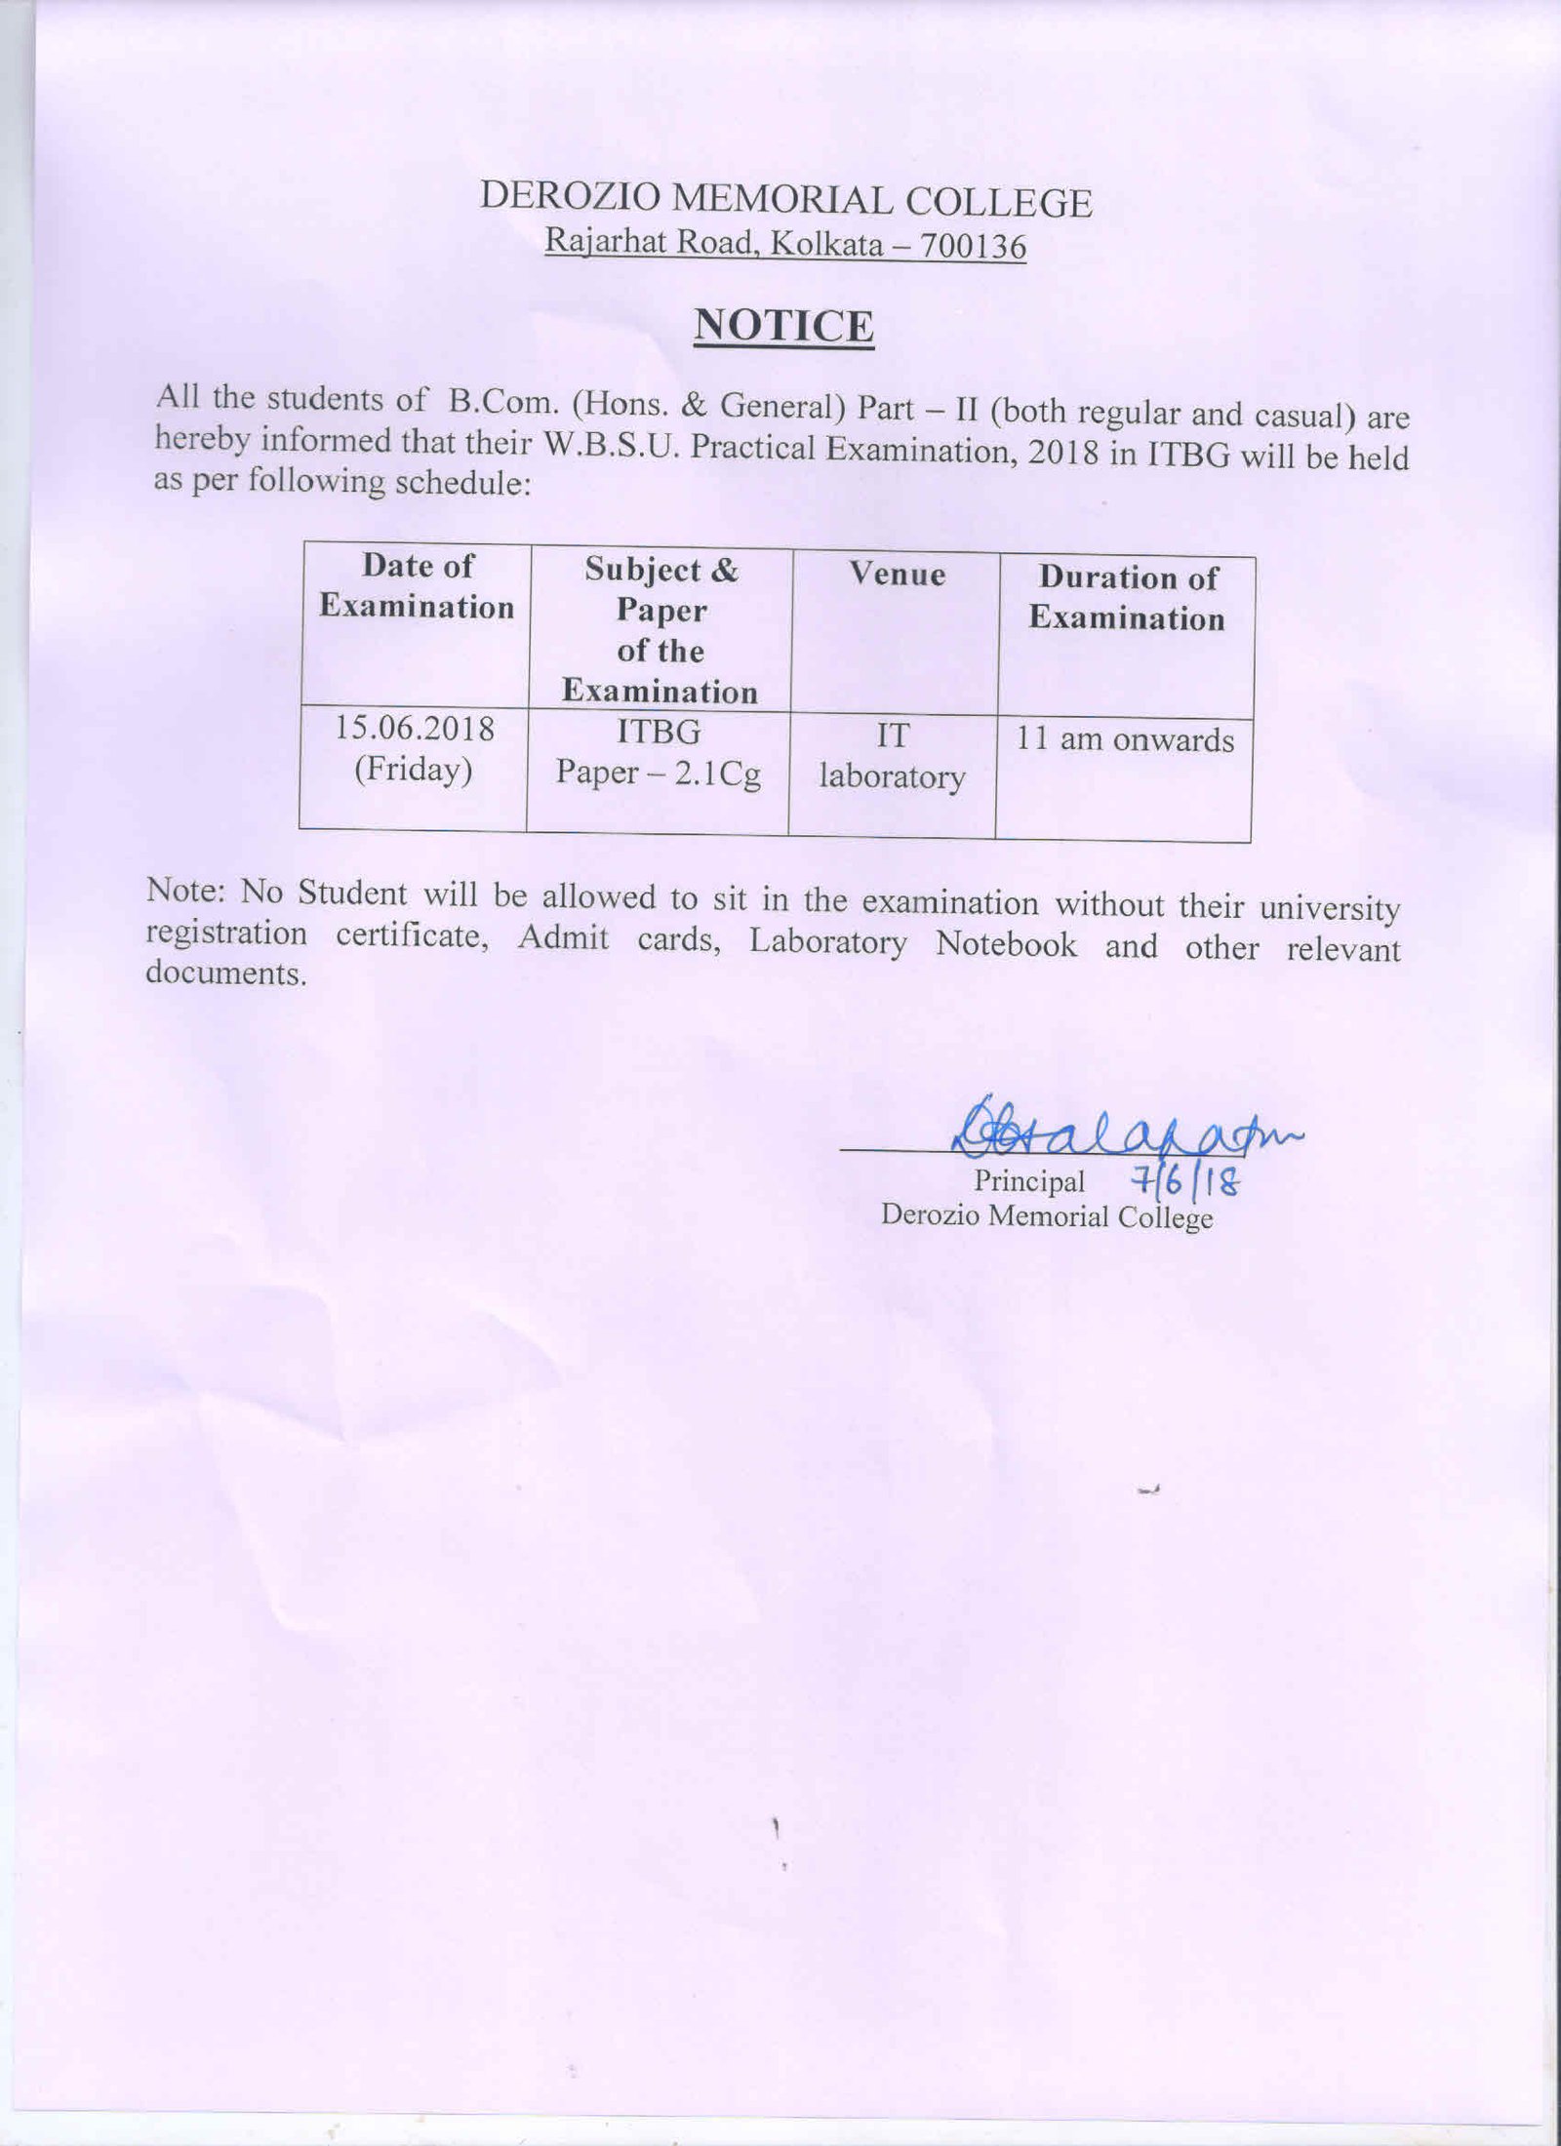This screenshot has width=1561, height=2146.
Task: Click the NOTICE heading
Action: (783, 326)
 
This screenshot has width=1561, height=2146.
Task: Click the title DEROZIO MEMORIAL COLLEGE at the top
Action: (785, 201)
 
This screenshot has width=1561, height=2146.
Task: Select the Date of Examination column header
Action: (417, 586)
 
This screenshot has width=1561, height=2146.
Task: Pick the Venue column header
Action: (897, 574)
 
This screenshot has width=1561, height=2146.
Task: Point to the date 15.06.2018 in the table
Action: (415, 729)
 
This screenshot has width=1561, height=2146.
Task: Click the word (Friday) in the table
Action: (414, 771)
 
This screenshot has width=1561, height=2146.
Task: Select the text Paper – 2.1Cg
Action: (659, 774)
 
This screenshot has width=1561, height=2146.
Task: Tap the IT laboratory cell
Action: (892, 756)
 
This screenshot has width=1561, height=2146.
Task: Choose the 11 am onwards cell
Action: (1125, 740)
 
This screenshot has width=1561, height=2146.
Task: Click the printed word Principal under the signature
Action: (1028, 1181)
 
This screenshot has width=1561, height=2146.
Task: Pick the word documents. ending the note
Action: (225, 974)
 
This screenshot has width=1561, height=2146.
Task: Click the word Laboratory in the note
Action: (827, 942)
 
